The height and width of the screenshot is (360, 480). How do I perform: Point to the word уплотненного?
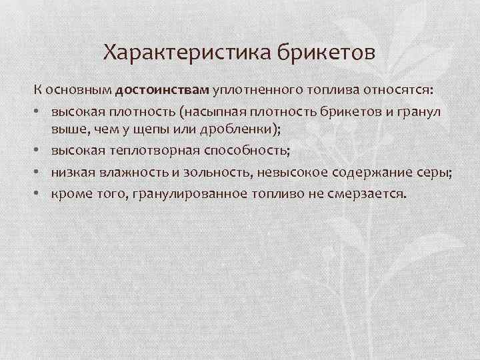tap(255, 90)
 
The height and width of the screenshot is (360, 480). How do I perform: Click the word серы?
tap(433, 173)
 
